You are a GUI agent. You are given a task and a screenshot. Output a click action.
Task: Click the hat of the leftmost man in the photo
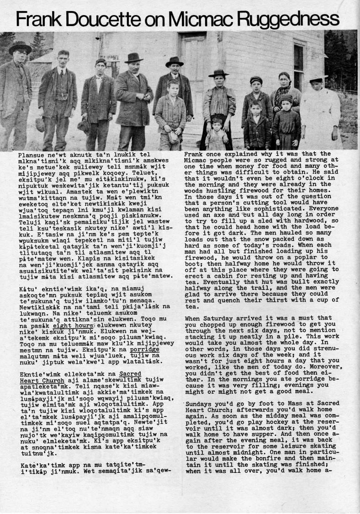(20, 47)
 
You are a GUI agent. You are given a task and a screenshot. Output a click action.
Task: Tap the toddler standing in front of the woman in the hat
(217, 134)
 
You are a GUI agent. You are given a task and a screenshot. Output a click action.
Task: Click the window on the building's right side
(298, 66)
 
